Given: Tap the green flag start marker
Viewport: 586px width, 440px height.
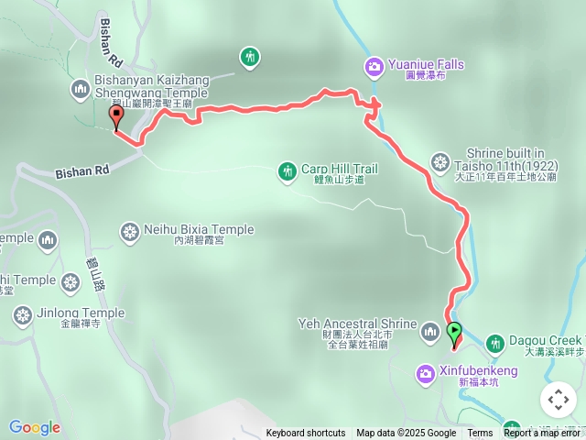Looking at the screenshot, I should [454, 334].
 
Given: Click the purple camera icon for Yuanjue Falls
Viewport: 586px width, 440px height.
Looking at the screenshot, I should [374, 66].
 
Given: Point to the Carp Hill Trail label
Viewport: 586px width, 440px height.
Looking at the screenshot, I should [339, 169].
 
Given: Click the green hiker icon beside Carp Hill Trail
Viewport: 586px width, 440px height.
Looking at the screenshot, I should [288, 170].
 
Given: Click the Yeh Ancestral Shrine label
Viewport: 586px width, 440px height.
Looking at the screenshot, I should [357, 324].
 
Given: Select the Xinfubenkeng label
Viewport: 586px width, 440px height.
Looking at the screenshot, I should [478, 371].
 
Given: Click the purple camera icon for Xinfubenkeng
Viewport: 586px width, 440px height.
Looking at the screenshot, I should [426, 373].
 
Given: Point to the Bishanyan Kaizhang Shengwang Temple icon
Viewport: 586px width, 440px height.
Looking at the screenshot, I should [79, 88].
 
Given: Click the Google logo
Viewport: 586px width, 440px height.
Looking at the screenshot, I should [35, 427].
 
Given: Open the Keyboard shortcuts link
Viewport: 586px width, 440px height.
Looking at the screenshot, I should [306, 434].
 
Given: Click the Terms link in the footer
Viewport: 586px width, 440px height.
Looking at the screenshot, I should [480, 434].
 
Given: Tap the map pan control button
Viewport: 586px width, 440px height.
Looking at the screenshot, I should [558, 400].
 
